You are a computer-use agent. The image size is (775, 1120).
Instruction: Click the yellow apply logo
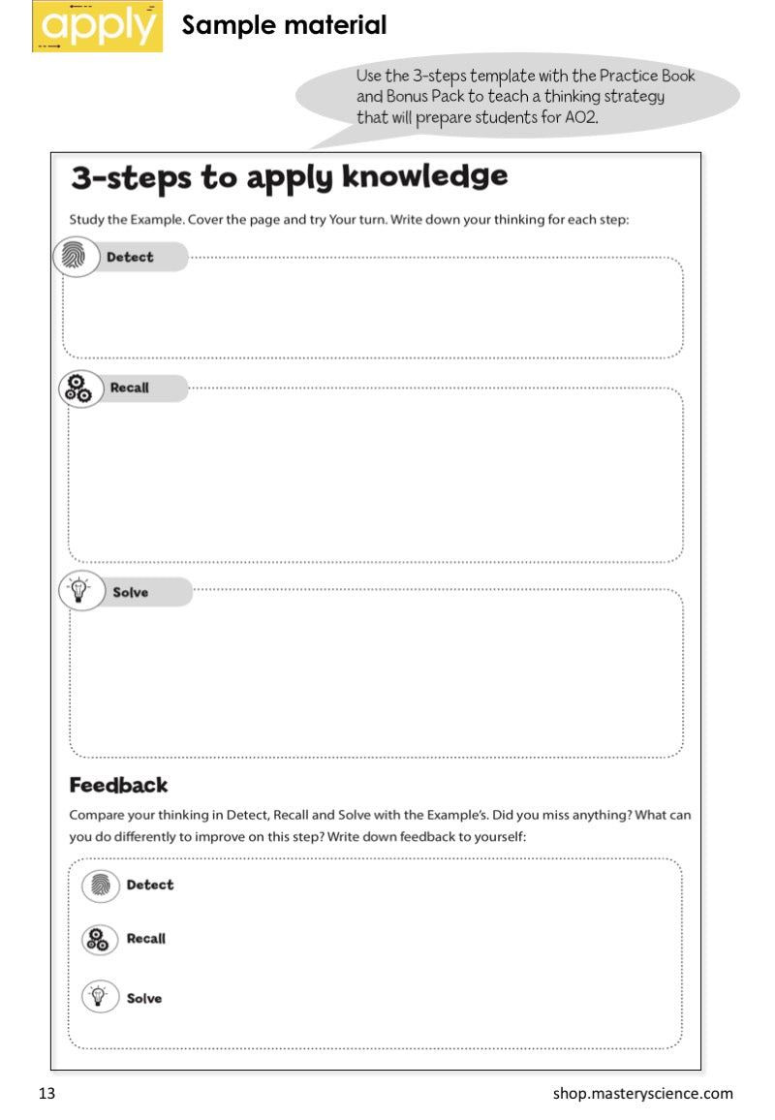[x=97, y=26]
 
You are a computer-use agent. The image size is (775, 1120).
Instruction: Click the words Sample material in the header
[x=284, y=25]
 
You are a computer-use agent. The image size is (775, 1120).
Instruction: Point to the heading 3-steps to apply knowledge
[x=289, y=177]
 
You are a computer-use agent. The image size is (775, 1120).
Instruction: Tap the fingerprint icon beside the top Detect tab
[x=76, y=257]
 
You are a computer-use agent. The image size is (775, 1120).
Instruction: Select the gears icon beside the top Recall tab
[x=77, y=388]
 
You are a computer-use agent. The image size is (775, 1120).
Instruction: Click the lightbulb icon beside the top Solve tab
[x=80, y=591]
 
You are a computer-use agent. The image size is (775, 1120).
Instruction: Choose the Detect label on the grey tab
[x=130, y=257]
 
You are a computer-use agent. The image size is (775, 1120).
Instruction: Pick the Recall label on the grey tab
[x=129, y=388]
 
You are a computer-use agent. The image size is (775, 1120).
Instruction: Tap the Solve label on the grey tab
[x=131, y=592]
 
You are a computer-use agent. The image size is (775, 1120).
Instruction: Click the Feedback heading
[x=118, y=785]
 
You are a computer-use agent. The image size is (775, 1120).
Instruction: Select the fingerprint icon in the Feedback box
[x=100, y=885]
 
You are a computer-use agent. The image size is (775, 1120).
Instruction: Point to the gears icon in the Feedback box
[x=100, y=939]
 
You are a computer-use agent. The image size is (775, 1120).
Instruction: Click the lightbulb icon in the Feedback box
[x=100, y=997]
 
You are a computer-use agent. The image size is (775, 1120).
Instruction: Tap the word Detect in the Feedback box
[x=150, y=885]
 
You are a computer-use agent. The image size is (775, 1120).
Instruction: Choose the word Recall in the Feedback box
[x=146, y=939]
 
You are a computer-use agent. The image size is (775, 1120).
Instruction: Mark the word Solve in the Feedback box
[x=144, y=998]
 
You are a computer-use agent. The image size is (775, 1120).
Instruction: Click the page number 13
[x=47, y=1094]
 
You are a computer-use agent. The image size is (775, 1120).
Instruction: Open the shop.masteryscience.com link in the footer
[x=643, y=1094]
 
